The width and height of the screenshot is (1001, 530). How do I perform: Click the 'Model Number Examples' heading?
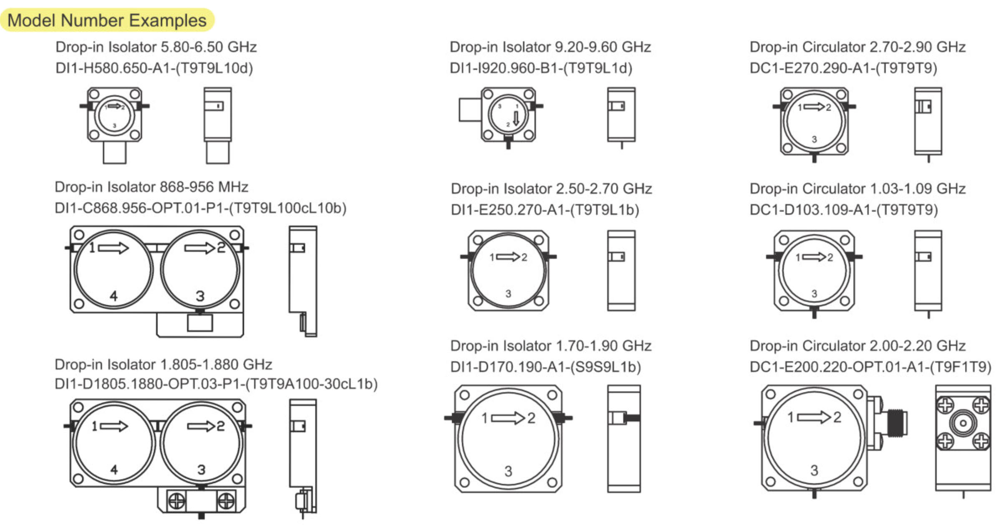pyautogui.click(x=107, y=20)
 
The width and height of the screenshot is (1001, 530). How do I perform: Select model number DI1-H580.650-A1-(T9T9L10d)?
pyautogui.click(x=154, y=68)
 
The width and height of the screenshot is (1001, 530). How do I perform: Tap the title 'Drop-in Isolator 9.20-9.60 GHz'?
pyautogui.click(x=550, y=47)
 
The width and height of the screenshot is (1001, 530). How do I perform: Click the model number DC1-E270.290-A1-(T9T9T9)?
pyautogui.click(x=843, y=68)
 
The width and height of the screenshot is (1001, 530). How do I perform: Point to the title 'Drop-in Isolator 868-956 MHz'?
pyautogui.click(x=151, y=187)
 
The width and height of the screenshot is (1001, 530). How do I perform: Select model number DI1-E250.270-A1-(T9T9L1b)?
pyautogui.click(x=545, y=210)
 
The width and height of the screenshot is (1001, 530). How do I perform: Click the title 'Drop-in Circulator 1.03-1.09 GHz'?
pyautogui.click(x=858, y=189)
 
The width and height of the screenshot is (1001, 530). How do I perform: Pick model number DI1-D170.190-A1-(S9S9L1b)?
pyautogui.click(x=546, y=367)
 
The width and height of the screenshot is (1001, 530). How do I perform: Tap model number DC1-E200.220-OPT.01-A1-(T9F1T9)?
pyautogui.click(x=870, y=367)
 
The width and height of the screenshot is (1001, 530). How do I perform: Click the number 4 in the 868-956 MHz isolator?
pyautogui.click(x=113, y=296)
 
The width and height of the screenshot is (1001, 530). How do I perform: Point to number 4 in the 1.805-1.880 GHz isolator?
pyautogui.click(x=114, y=470)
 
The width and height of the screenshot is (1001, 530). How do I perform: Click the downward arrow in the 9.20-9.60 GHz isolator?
pyautogui.click(x=516, y=118)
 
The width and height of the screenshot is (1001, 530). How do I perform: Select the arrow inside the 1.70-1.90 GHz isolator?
pyautogui.click(x=508, y=418)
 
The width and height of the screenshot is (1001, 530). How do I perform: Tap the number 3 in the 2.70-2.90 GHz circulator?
pyautogui.click(x=814, y=139)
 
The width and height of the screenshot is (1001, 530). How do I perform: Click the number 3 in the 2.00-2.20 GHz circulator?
pyautogui.click(x=814, y=470)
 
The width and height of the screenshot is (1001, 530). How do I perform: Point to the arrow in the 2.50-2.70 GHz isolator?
pyautogui.click(x=508, y=257)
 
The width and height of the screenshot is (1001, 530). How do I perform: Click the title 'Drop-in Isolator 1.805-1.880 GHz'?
pyautogui.click(x=163, y=364)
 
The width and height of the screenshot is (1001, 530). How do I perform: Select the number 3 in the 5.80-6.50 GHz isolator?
pyautogui.click(x=114, y=126)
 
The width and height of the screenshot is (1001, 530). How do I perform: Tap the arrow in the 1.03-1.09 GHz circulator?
pyautogui.click(x=814, y=257)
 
